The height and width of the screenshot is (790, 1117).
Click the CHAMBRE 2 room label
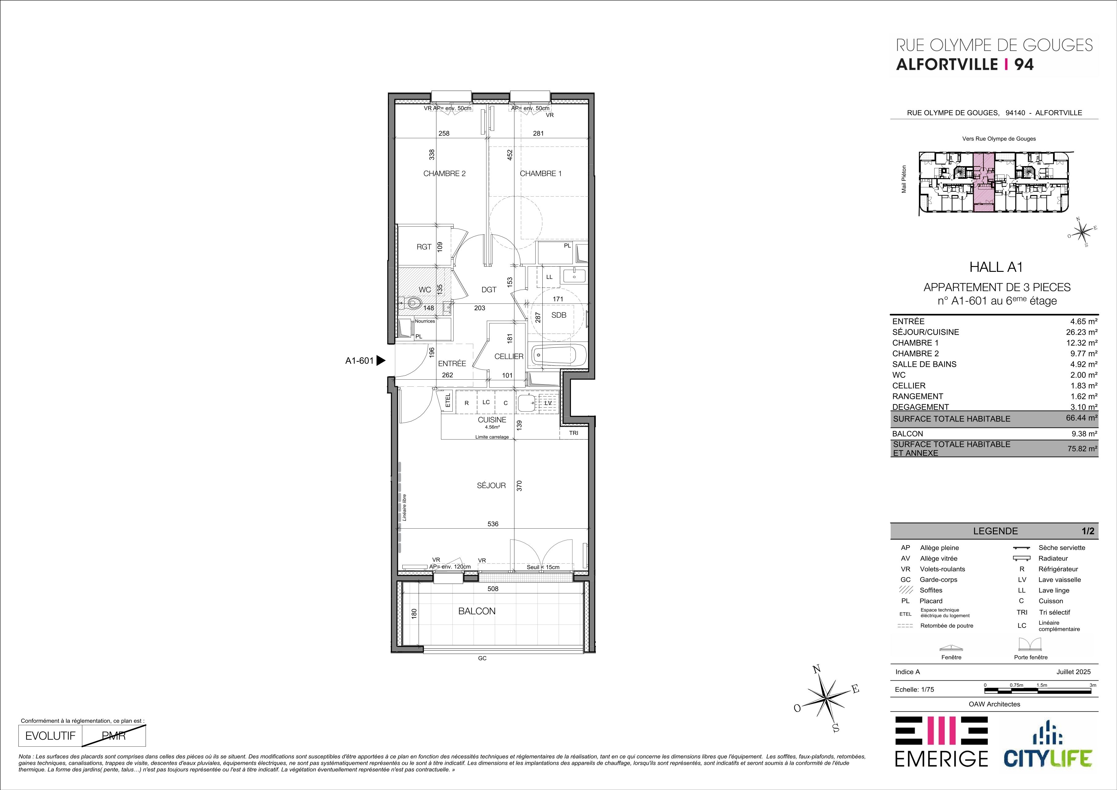[444, 173]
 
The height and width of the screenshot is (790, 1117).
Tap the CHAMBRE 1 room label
[541, 173]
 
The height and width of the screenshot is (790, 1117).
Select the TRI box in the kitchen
[574, 432]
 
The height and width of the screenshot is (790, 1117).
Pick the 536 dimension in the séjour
[493, 524]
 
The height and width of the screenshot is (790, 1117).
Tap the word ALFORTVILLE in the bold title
[947, 64]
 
